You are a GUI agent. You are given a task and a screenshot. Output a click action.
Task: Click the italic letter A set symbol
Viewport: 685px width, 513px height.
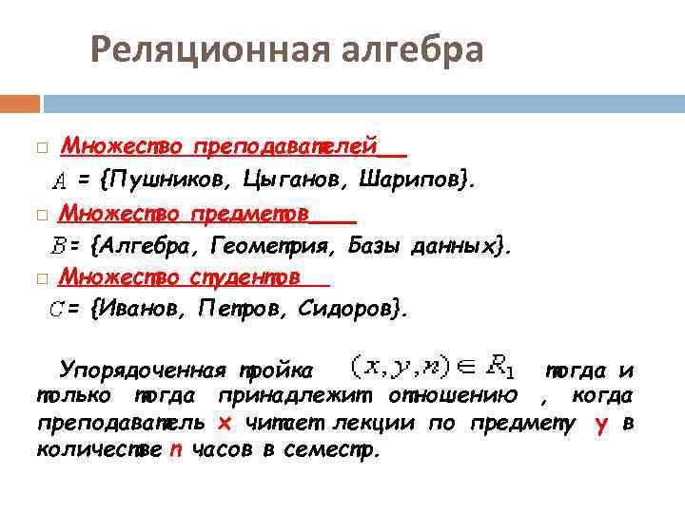click(x=59, y=180)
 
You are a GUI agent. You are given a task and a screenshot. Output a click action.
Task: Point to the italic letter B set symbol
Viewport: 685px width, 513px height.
click(x=57, y=247)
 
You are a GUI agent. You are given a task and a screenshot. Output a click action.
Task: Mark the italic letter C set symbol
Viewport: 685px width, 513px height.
click(x=56, y=309)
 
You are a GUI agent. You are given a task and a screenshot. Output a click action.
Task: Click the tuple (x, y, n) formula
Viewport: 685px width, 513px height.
click(x=389, y=365)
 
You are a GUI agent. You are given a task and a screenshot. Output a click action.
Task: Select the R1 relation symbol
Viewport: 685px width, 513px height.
click(x=499, y=365)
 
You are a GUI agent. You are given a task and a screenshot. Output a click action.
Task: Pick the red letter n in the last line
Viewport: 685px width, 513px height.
click(x=175, y=450)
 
